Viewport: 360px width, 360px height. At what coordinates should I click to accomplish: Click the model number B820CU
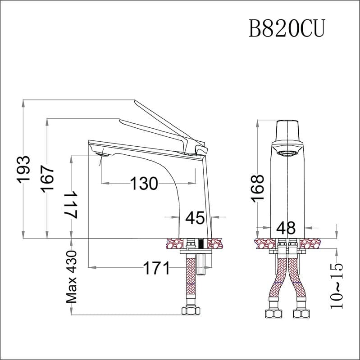point(287,28)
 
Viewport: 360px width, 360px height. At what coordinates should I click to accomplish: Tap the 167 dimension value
point(47,178)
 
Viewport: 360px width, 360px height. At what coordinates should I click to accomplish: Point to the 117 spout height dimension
point(71,204)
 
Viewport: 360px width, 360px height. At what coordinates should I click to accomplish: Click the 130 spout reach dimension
point(144,184)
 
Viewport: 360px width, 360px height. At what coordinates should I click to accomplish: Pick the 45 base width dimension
point(195,218)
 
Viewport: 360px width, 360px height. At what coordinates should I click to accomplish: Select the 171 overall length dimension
point(156,268)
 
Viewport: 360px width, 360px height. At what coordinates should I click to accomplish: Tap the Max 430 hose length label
point(71,277)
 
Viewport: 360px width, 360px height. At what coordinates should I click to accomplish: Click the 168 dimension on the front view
point(257,189)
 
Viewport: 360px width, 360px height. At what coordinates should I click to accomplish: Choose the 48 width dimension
point(286,228)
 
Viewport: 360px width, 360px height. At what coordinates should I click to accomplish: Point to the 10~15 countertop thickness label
point(337,286)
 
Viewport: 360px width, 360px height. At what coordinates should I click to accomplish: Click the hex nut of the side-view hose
point(191,311)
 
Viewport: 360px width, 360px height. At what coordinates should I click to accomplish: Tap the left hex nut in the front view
point(274,314)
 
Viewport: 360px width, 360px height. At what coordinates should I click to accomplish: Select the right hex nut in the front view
point(301,314)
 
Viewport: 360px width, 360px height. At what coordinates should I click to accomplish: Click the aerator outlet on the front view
point(286,153)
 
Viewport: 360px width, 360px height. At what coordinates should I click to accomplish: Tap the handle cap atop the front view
point(287,131)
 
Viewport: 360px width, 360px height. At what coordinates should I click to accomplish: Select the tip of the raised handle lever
point(135,100)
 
